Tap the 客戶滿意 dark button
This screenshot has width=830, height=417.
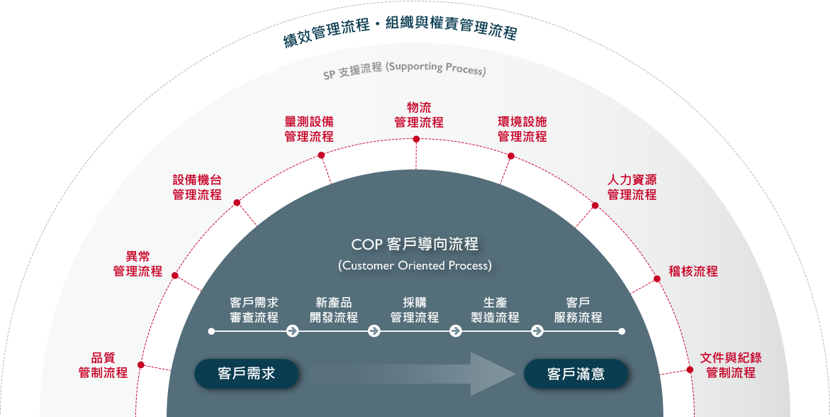click(x=576, y=374)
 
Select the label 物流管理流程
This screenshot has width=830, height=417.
click(x=419, y=115)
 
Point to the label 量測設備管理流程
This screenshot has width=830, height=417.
click(x=309, y=129)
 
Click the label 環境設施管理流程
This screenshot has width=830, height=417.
click(x=522, y=129)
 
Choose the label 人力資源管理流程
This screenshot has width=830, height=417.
click(x=632, y=187)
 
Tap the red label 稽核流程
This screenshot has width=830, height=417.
click(x=693, y=271)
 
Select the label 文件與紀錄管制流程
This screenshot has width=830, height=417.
click(x=731, y=365)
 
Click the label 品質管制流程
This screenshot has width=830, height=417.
click(x=103, y=365)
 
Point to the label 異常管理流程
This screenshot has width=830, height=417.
click(x=138, y=264)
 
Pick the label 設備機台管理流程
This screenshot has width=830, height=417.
click(x=197, y=187)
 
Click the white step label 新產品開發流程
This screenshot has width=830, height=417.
click(x=334, y=310)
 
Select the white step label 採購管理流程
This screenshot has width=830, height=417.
click(x=415, y=310)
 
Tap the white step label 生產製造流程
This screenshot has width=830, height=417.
click(x=495, y=310)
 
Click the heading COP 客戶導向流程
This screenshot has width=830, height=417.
click(x=415, y=245)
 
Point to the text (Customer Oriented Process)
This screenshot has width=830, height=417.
click(x=415, y=266)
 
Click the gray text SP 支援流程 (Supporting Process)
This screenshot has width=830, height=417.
click(x=405, y=70)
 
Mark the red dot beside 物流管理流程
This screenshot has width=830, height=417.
click(x=416, y=140)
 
